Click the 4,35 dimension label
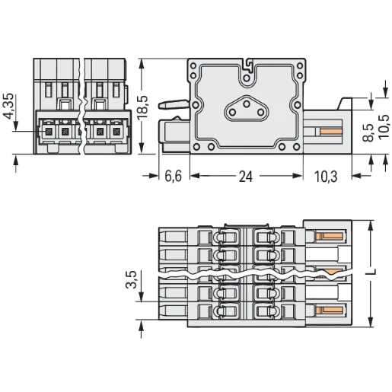pos(8,107)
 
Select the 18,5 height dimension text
pos(142,107)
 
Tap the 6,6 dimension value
pos(174,176)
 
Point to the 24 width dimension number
pos(246,177)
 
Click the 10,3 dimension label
pos(326,177)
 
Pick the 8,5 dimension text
pos(368,132)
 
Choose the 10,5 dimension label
pos(384,126)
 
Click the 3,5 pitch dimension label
pos(131,279)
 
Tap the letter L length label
pos(371,272)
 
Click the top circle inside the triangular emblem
pos(247,104)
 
